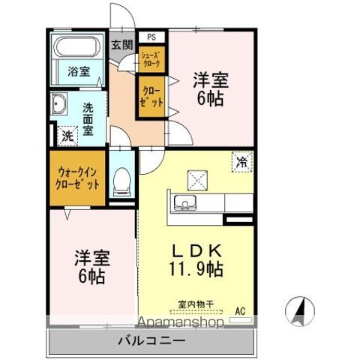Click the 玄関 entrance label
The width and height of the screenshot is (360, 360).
[x=122, y=44]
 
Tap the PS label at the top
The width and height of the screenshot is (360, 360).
[x=151, y=36]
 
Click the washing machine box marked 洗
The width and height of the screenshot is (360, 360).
[x=67, y=136]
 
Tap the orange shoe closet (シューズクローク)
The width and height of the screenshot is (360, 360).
[x=150, y=60]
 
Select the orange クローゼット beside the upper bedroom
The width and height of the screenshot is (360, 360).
[x=150, y=96]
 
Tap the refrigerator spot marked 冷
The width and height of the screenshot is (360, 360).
[x=242, y=160]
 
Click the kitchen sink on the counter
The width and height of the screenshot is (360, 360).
[x=184, y=202]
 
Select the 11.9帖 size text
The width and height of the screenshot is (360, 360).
[x=199, y=267]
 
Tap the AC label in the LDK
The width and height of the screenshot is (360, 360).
[x=241, y=309]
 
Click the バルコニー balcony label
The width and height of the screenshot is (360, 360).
[x=151, y=341]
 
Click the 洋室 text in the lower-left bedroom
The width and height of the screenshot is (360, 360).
[x=91, y=259]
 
